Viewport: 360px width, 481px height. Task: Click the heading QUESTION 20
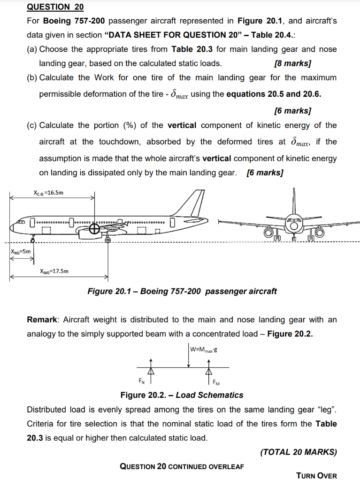(55, 7)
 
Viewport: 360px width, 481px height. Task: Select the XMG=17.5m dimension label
(54, 271)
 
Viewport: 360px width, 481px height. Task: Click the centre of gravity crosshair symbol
(95, 228)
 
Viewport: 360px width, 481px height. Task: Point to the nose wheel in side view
(32, 240)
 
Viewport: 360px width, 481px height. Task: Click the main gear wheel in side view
(107, 240)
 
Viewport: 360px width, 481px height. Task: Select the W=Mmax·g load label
(204, 350)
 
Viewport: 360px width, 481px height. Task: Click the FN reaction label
(141, 380)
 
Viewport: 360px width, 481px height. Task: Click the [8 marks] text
(292, 63)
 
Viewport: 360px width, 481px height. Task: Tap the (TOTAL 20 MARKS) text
(298, 452)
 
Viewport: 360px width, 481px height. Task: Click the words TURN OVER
(316, 475)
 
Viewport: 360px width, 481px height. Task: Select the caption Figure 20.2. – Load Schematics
(182, 395)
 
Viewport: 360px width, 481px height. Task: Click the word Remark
(43, 320)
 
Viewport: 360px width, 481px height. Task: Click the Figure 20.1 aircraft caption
(182, 291)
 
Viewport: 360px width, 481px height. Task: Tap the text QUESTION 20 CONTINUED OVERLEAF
(181, 466)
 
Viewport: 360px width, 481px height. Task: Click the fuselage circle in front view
(294, 225)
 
